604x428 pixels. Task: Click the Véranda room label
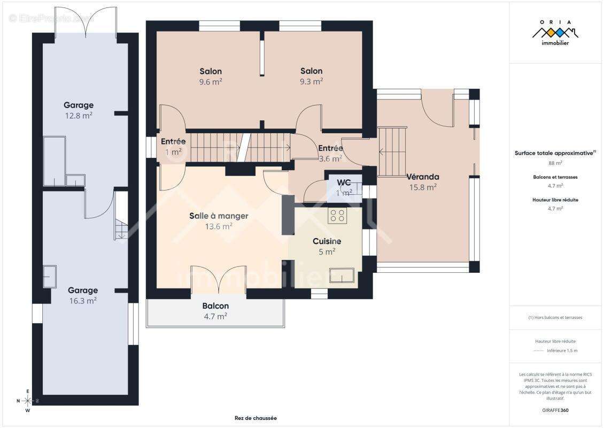[423, 177]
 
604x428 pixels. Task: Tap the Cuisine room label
[327, 241]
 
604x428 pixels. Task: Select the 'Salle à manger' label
[219, 216]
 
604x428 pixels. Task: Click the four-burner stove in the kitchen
[337, 216]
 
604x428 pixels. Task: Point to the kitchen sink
[342, 276]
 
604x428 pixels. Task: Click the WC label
[344, 182]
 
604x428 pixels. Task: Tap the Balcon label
[216, 306]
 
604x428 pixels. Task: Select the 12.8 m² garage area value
[79, 115]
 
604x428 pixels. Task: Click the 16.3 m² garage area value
[83, 301]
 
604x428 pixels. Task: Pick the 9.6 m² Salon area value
[211, 82]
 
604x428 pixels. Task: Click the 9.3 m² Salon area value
[311, 81]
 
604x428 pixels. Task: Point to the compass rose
[27, 401]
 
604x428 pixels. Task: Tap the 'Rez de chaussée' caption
[256, 418]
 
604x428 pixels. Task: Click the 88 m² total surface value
[555, 163]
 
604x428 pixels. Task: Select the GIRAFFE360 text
[555, 410]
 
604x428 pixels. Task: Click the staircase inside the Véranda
[392, 151]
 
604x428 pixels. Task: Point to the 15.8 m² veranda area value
[423, 187]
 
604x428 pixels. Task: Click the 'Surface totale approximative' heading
[554, 153]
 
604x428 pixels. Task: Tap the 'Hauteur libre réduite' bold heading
[555, 200]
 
